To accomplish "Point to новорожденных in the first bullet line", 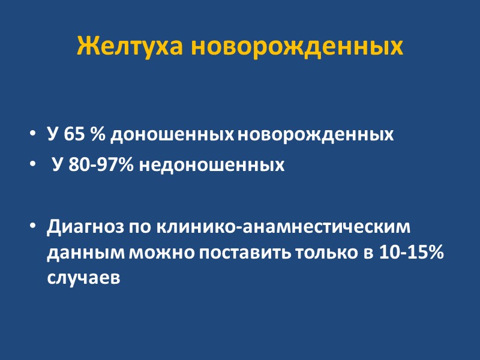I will click(316, 134).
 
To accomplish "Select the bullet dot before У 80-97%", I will click(32, 166).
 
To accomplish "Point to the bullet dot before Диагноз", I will click(32, 229).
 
